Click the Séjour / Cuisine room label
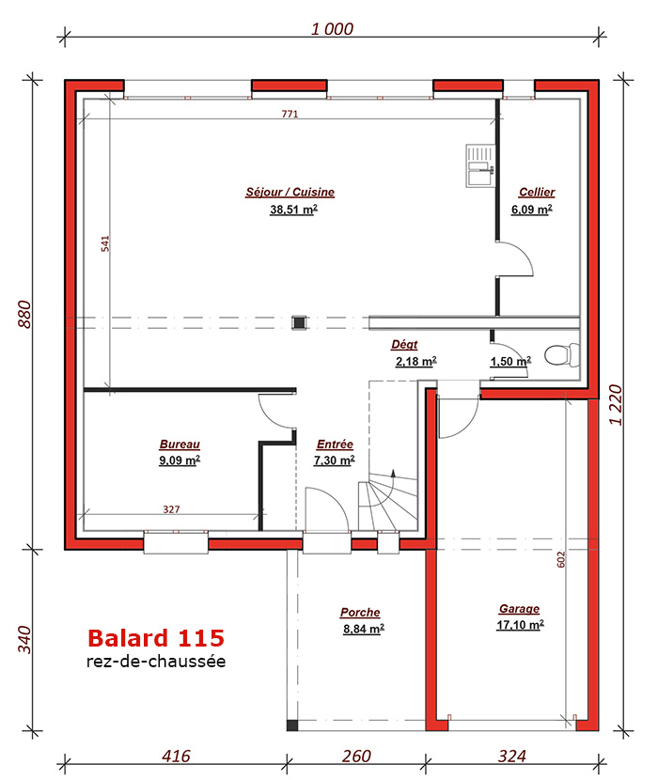pos(290,192)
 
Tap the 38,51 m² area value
pos(293,210)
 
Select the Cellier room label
pos(537,192)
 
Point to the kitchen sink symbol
pos(480,165)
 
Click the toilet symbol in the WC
pos(562,355)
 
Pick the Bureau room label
pos(180,445)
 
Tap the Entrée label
pos(335,445)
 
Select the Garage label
pos(519,609)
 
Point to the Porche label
pos(360,613)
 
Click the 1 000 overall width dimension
pos(332,29)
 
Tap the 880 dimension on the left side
pos(24,315)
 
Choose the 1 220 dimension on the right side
pos(616,405)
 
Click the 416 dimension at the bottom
pos(176,757)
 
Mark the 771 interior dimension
pos(290,114)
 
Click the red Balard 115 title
pos(156,638)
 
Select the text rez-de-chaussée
pos(156,661)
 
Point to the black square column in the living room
pos(299,322)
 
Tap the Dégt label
pos(404,344)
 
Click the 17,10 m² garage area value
pos(520,625)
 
